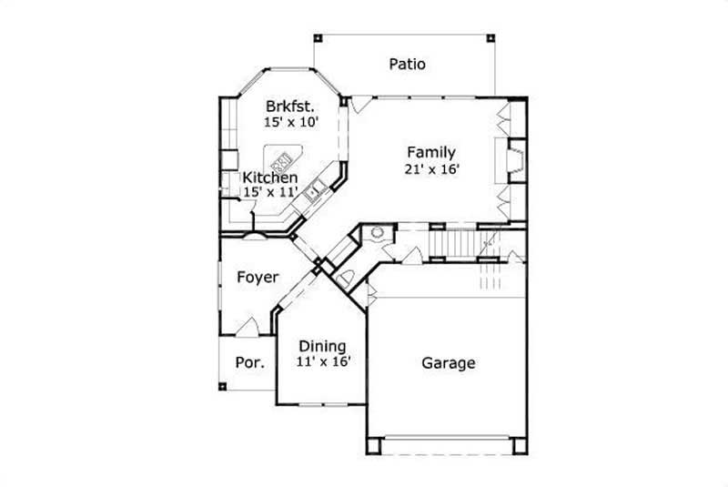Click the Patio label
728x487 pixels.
[x=408, y=64]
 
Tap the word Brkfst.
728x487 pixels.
[x=289, y=105]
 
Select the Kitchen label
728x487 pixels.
[x=269, y=178]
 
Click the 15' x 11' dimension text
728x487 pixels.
[x=270, y=193]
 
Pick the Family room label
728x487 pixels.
[x=430, y=152]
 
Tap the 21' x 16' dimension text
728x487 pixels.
[x=430, y=168]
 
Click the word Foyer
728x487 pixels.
[x=258, y=277]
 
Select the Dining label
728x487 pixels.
[x=323, y=346]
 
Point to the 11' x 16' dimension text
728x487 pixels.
[x=323, y=361]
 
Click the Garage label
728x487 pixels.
[x=448, y=363]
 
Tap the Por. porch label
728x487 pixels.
[x=250, y=362]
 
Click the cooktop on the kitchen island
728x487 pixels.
[x=283, y=161]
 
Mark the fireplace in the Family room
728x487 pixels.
[x=515, y=161]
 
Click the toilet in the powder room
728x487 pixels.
[x=348, y=277]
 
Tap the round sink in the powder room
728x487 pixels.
[x=376, y=233]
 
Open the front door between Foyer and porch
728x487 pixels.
[x=248, y=327]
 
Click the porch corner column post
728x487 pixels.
[x=222, y=386]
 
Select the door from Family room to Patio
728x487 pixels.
[x=360, y=102]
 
